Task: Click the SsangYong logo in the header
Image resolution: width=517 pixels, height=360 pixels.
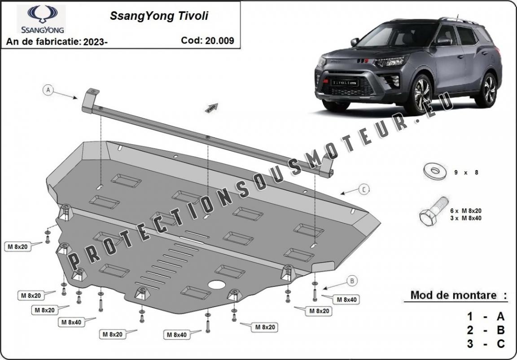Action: [42, 19]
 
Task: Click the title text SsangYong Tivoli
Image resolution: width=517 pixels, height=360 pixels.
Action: [159, 16]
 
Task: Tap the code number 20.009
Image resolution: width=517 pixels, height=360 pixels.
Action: [219, 40]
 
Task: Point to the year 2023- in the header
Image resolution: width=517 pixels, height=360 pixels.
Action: [95, 42]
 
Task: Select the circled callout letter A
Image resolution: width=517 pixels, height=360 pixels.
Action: [48, 90]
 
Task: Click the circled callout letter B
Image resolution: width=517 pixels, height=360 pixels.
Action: [352, 281]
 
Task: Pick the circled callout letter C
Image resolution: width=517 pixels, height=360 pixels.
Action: [364, 189]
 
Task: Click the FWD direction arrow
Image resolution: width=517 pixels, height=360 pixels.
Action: [211, 108]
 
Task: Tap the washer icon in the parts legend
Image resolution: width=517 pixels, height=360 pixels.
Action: [435, 171]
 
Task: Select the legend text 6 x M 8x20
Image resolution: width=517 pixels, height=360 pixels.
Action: [466, 211]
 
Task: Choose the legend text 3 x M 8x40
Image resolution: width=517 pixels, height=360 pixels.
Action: [466, 218]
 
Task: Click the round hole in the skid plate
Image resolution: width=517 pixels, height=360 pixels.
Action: [217, 285]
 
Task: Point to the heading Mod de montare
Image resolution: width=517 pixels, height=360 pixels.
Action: [453, 295]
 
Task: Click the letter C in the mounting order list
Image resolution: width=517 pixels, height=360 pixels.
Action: [500, 344]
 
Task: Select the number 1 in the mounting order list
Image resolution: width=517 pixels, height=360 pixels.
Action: [470, 316]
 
